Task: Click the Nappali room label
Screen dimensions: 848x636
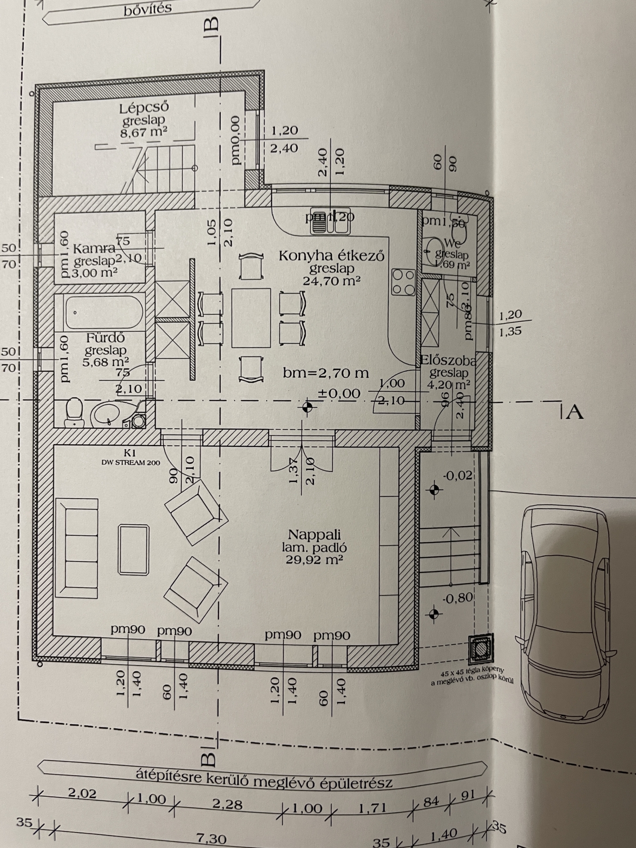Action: pyautogui.click(x=314, y=535)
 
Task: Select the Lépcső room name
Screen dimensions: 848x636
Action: pyautogui.click(x=144, y=108)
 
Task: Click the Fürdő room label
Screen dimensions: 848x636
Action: pyautogui.click(x=105, y=338)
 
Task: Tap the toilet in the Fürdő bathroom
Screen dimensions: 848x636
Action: pyautogui.click(x=74, y=413)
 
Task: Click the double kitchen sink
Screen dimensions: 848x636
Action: pyautogui.click(x=330, y=220)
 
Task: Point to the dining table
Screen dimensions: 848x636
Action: pyautogui.click(x=251, y=318)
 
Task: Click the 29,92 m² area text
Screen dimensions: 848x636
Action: pyautogui.click(x=314, y=560)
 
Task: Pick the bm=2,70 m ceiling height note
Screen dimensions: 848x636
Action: pyautogui.click(x=326, y=373)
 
